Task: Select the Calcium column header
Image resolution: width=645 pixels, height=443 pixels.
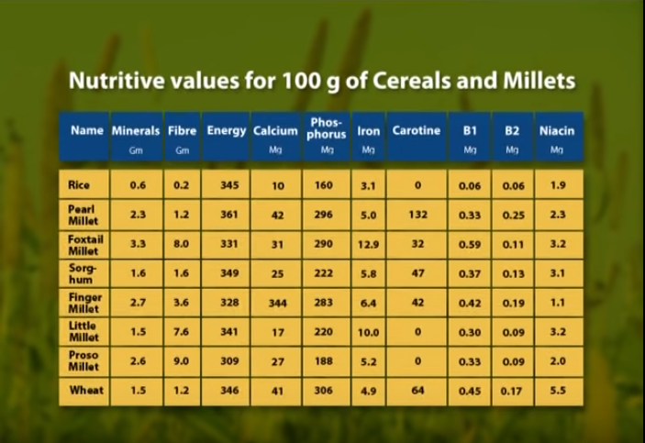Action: [275, 131]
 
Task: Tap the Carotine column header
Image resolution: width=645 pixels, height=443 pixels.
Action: [417, 131]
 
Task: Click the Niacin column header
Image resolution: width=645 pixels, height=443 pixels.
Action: [556, 131]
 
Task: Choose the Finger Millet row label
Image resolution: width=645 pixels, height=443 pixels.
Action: [85, 303]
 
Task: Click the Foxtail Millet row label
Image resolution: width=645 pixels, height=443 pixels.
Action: [85, 243]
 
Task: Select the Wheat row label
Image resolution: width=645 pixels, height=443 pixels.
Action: [85, 390]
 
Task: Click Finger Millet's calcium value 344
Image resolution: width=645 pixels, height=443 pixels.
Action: [277, 303]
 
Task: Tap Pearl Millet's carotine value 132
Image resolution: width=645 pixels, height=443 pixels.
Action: [417, 215]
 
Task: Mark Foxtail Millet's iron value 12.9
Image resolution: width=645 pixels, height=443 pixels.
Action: [369, 244]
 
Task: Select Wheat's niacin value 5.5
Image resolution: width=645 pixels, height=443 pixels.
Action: [557, 391]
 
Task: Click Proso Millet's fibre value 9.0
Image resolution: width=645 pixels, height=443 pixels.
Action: [182, 361]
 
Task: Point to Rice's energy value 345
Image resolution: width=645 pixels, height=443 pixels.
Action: [228, 185]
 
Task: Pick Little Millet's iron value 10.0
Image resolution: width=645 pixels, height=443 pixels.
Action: [369, 332]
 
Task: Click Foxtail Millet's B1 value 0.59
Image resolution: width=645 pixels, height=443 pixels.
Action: [470, 244]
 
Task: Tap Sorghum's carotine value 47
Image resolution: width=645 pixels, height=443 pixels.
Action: [417, 273]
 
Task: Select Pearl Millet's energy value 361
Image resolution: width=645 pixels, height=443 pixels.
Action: [228, 215]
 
